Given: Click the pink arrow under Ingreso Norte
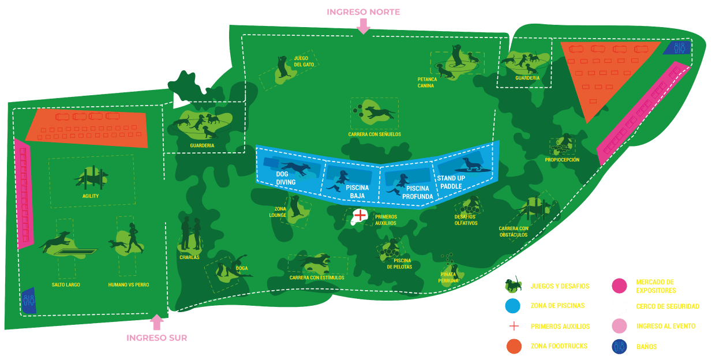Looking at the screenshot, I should click(363, 26).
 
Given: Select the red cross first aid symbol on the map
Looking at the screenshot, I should click(359, 216).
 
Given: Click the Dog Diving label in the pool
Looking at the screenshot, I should click(286, 178).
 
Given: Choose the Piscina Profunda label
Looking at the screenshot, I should click(418, 192).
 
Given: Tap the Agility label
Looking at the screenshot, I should click(91, 196).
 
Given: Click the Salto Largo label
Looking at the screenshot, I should click(66, 285).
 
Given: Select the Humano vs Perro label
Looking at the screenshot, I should click(129, 285).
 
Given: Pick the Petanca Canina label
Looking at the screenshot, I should click(428, 82).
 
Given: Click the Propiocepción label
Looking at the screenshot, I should click(562, 160).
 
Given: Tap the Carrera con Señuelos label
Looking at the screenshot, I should click(374, 134).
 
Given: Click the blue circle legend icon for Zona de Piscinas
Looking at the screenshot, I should click(513, 306).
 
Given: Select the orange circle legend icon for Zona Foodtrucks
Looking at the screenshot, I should click(513, 346).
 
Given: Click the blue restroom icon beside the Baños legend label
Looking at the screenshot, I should click(620, 346).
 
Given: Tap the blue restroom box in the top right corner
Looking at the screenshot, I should click(676, 48).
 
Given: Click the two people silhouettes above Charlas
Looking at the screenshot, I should click(191, 232).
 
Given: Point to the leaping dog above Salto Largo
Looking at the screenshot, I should click(56, 242).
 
